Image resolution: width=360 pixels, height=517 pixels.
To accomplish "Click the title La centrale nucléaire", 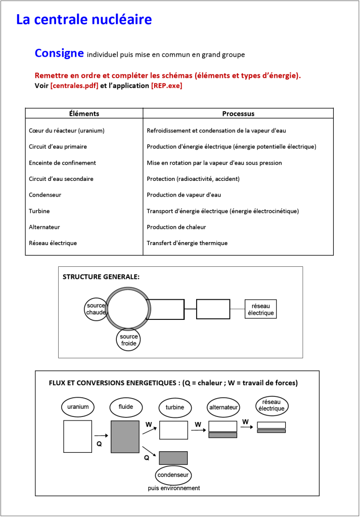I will pyautogui.click(x=84, y=20).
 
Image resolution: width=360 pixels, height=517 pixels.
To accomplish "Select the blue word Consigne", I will pyautogui.click(x=59, y=53).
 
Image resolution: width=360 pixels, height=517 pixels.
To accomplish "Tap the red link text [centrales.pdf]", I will pyautogui.click(x=74, y=86).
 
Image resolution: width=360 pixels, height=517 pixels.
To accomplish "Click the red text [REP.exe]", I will pyautogui.click(x=166, y=86).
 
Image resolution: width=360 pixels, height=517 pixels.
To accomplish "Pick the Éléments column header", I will pyautogui.click(x=84, y=114).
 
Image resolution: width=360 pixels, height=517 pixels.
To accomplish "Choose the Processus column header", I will pyautogui.click(x=238, y=114).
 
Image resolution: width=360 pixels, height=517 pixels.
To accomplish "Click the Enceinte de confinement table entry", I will pyautogui.click(x=62, y=163).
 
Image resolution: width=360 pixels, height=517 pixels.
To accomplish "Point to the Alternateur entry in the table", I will pyautogui.click(x=44, y=227).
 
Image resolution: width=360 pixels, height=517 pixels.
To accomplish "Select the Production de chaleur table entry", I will pyautogui.click(x=176, y=227).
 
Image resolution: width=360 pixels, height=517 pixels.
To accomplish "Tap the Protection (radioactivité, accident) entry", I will pyautogui.click(x=193, y=179).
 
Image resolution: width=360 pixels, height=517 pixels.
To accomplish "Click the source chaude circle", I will pyautogui.click(x=96, y=309).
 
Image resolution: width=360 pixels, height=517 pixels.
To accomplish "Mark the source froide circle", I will pyautogui.click(x=128, y=340).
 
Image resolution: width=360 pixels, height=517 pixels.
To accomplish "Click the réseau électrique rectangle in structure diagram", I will pyautogui.click(x=261, y=309).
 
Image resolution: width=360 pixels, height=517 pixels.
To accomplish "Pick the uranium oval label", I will pyautogui.click(x=77, y=407).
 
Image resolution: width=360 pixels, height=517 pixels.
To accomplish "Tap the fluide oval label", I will pyautogui.click(x=126, y=407).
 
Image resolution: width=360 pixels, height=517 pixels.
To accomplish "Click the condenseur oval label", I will pyautogui.click(x=173, y=475).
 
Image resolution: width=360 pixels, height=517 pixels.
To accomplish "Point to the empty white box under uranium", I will pyautogui.click(x=77, y=436).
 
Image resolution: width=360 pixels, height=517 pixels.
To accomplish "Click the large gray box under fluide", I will pyautogui.click(x=125, y=436).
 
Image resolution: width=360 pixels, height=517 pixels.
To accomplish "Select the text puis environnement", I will pyautogui.click(x=173, y=488).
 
